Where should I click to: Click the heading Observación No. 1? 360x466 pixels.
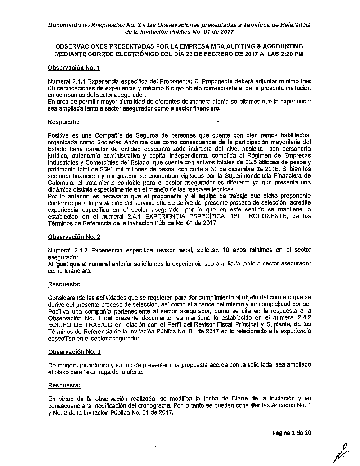tap(74, 68)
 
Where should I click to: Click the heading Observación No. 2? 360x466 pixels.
tap(74, 237)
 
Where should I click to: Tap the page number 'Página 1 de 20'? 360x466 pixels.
tap(292, 433)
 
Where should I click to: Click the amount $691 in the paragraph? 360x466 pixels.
tap(103, 169)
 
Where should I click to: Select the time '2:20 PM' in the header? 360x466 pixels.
tap(292, 54)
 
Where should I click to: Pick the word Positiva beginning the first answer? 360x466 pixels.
tap(58, 135)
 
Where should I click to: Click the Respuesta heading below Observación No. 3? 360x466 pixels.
tap(64, 385)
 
